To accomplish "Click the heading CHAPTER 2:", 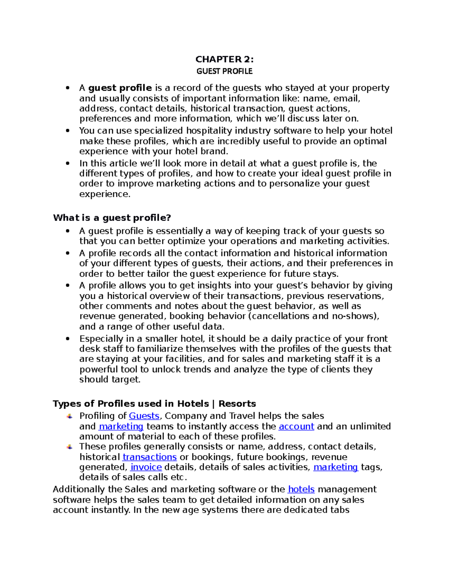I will click(224, 59).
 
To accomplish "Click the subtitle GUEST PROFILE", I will click(224, 71).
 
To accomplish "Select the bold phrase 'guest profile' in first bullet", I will click(120, 88).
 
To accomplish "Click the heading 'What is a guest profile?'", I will click(112, 218).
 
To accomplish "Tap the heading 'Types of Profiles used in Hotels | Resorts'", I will click(154, 404).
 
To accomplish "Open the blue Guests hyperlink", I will click(144, 416).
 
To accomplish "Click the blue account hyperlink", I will click(296, 426).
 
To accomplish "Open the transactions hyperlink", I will click(150, 457).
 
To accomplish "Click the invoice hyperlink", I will click(146, 467).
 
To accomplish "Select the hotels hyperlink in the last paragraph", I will click(301, 489).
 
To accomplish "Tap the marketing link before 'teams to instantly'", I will click(121, 426).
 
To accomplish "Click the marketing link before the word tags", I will click(336, 467).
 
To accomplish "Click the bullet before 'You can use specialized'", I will click(68, 131).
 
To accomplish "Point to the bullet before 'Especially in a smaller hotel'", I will click(68, 339).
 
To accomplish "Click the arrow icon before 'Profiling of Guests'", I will click(70, 416).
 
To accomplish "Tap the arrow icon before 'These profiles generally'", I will click(70, 447).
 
